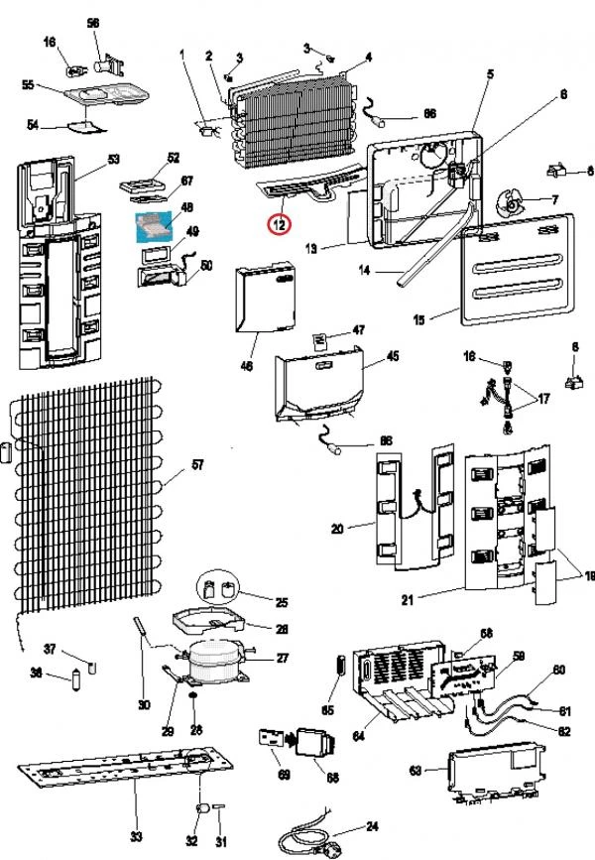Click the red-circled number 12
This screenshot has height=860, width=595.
(281, 224)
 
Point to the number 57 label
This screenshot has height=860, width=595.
(197, 465)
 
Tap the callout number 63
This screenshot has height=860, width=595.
(416, 769)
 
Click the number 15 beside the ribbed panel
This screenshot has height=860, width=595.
(418, 319)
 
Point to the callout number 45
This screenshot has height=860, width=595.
(393, 355)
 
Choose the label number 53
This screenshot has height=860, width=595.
(113, 159)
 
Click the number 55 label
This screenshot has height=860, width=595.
(28, 86)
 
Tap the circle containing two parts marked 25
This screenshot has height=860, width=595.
(218, 590)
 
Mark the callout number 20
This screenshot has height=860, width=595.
(337, 529)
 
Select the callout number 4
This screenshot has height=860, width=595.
(369, 58)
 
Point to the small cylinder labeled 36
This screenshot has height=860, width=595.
(75, 680)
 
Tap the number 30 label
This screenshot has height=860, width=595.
(143, 705)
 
